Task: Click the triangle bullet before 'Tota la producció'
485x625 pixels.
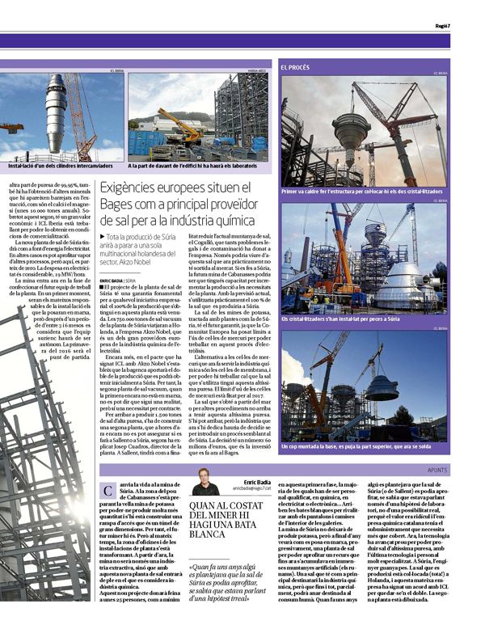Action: pyautogui.click(x=102, y=235)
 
